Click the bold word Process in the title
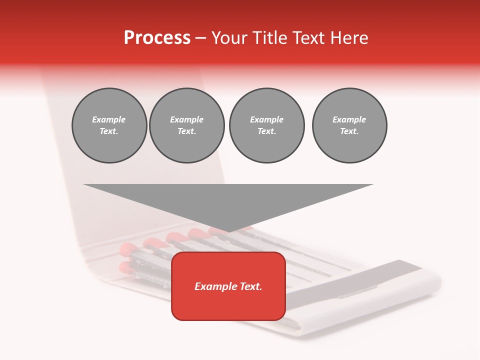[157, 38]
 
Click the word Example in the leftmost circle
[109, 119]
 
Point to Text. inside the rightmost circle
[349, 131]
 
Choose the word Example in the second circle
[187, 119]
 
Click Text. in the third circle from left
[266, 131]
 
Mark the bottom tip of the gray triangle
[228, 231]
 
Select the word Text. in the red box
[251, 286]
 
